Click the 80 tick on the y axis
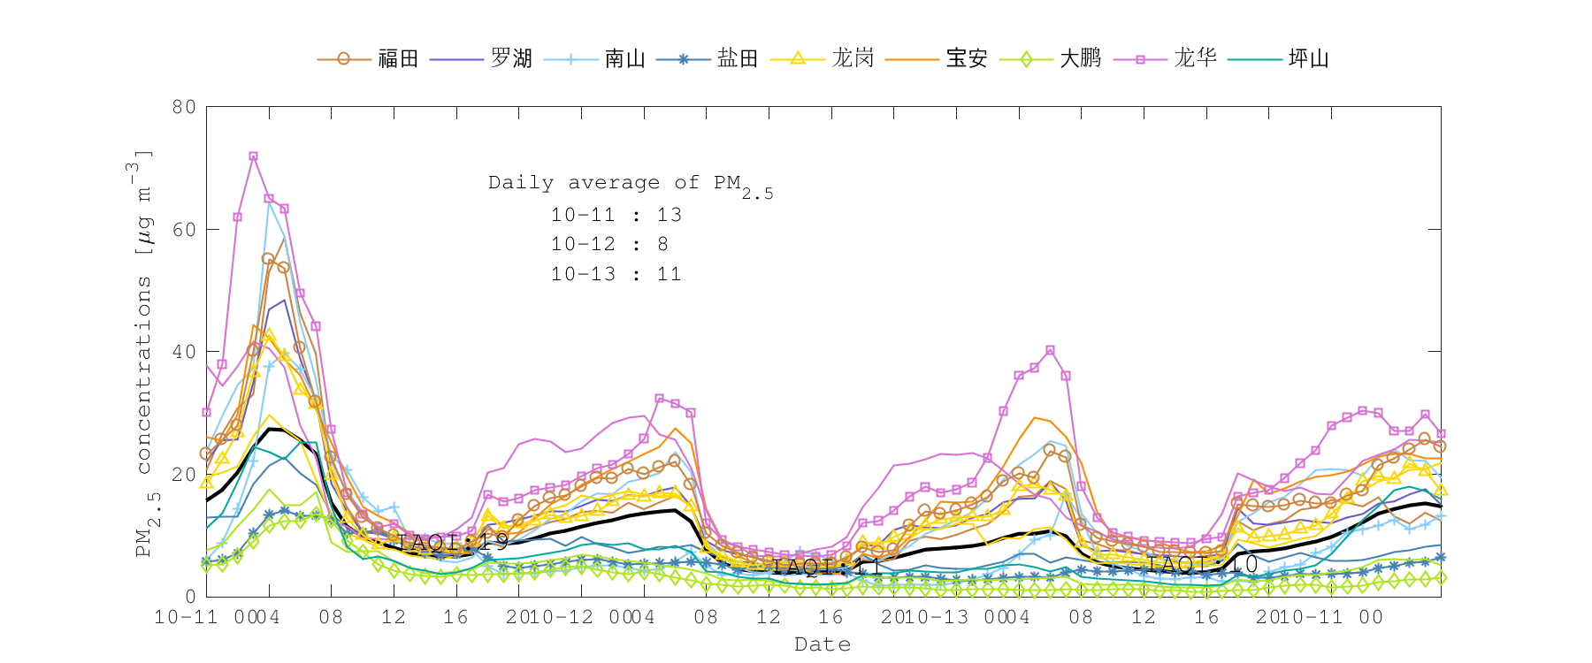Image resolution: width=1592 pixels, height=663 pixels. (x=184, y=107)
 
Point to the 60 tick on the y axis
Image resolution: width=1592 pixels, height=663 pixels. (x=184, y=230)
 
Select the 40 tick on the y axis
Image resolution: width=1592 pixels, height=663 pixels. (x=184, y=352)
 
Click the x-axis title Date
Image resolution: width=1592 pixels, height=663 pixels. (x=823, y=644)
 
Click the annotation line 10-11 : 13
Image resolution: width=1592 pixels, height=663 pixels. (x=616, y=215)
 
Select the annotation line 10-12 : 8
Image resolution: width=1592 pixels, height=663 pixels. (x=609, y=244)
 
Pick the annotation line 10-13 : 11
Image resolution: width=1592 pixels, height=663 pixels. (x=616, y=274)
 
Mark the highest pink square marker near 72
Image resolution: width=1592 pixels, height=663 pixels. (x=253, y=156)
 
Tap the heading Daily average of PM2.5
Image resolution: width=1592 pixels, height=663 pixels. (x=630, y=184)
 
